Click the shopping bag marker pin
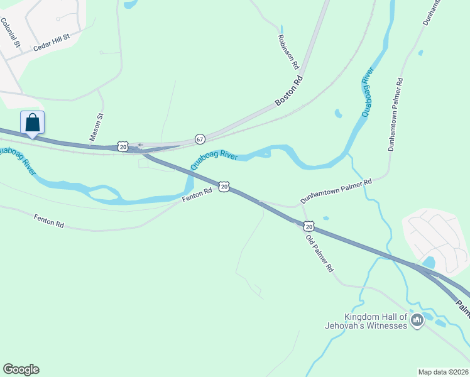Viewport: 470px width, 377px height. coord(32,123)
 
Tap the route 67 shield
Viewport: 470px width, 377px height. coord(200,139)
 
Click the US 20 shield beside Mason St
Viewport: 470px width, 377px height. coord(123,146)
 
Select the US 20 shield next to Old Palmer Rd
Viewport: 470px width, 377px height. coord(307,226)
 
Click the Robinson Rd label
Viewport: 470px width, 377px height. coord(287,51)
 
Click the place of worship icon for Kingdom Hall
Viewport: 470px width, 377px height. coord(417,322)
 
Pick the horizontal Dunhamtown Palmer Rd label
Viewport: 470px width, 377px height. coord(336,190)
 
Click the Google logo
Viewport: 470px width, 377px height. coord(21,369)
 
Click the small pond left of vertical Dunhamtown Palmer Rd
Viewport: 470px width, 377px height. coord(338,114)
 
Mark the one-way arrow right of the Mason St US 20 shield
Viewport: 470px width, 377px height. coord(139,145)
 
